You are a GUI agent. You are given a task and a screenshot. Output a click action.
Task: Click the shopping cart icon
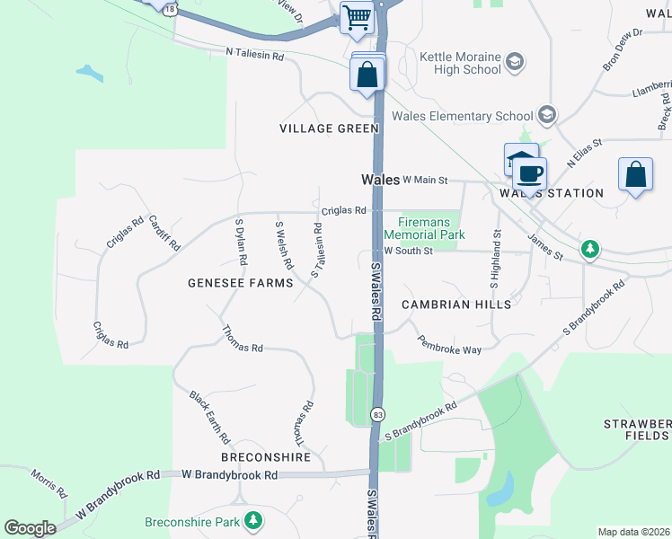point(357,17)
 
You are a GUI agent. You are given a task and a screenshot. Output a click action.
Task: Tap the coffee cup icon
point(529,172)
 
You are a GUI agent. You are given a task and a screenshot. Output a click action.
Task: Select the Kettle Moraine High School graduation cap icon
point(515,62)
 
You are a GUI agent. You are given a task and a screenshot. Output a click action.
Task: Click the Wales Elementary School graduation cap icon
point(546,116)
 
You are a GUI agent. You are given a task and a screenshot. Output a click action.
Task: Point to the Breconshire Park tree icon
point(254,520)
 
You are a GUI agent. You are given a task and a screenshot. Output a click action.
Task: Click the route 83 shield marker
point(378,414)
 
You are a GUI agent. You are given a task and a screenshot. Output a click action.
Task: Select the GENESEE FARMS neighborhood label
point(240,283)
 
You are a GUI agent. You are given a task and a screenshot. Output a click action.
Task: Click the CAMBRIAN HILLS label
point(456,305)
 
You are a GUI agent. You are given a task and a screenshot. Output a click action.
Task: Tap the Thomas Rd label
point(243,340)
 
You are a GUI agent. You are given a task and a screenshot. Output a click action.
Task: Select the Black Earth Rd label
point(209,418)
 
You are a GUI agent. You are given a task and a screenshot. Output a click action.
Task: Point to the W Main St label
point(426,181)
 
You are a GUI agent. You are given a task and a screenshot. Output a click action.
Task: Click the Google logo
point(30,528)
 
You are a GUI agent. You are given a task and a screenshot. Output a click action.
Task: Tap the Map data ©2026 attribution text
point(633,533)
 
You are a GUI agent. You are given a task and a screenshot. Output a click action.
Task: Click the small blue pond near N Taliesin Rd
point(90,71)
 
